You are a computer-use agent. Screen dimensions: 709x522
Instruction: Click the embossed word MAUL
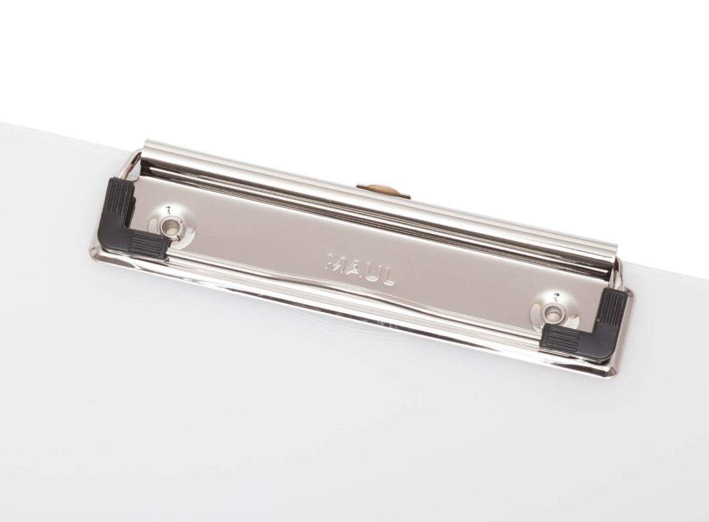pos(360,269)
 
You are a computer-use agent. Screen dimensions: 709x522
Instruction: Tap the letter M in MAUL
pos(335,263)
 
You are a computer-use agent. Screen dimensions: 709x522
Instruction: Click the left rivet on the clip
pos(172,225)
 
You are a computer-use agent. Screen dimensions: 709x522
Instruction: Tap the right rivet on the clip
pos(552,312)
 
